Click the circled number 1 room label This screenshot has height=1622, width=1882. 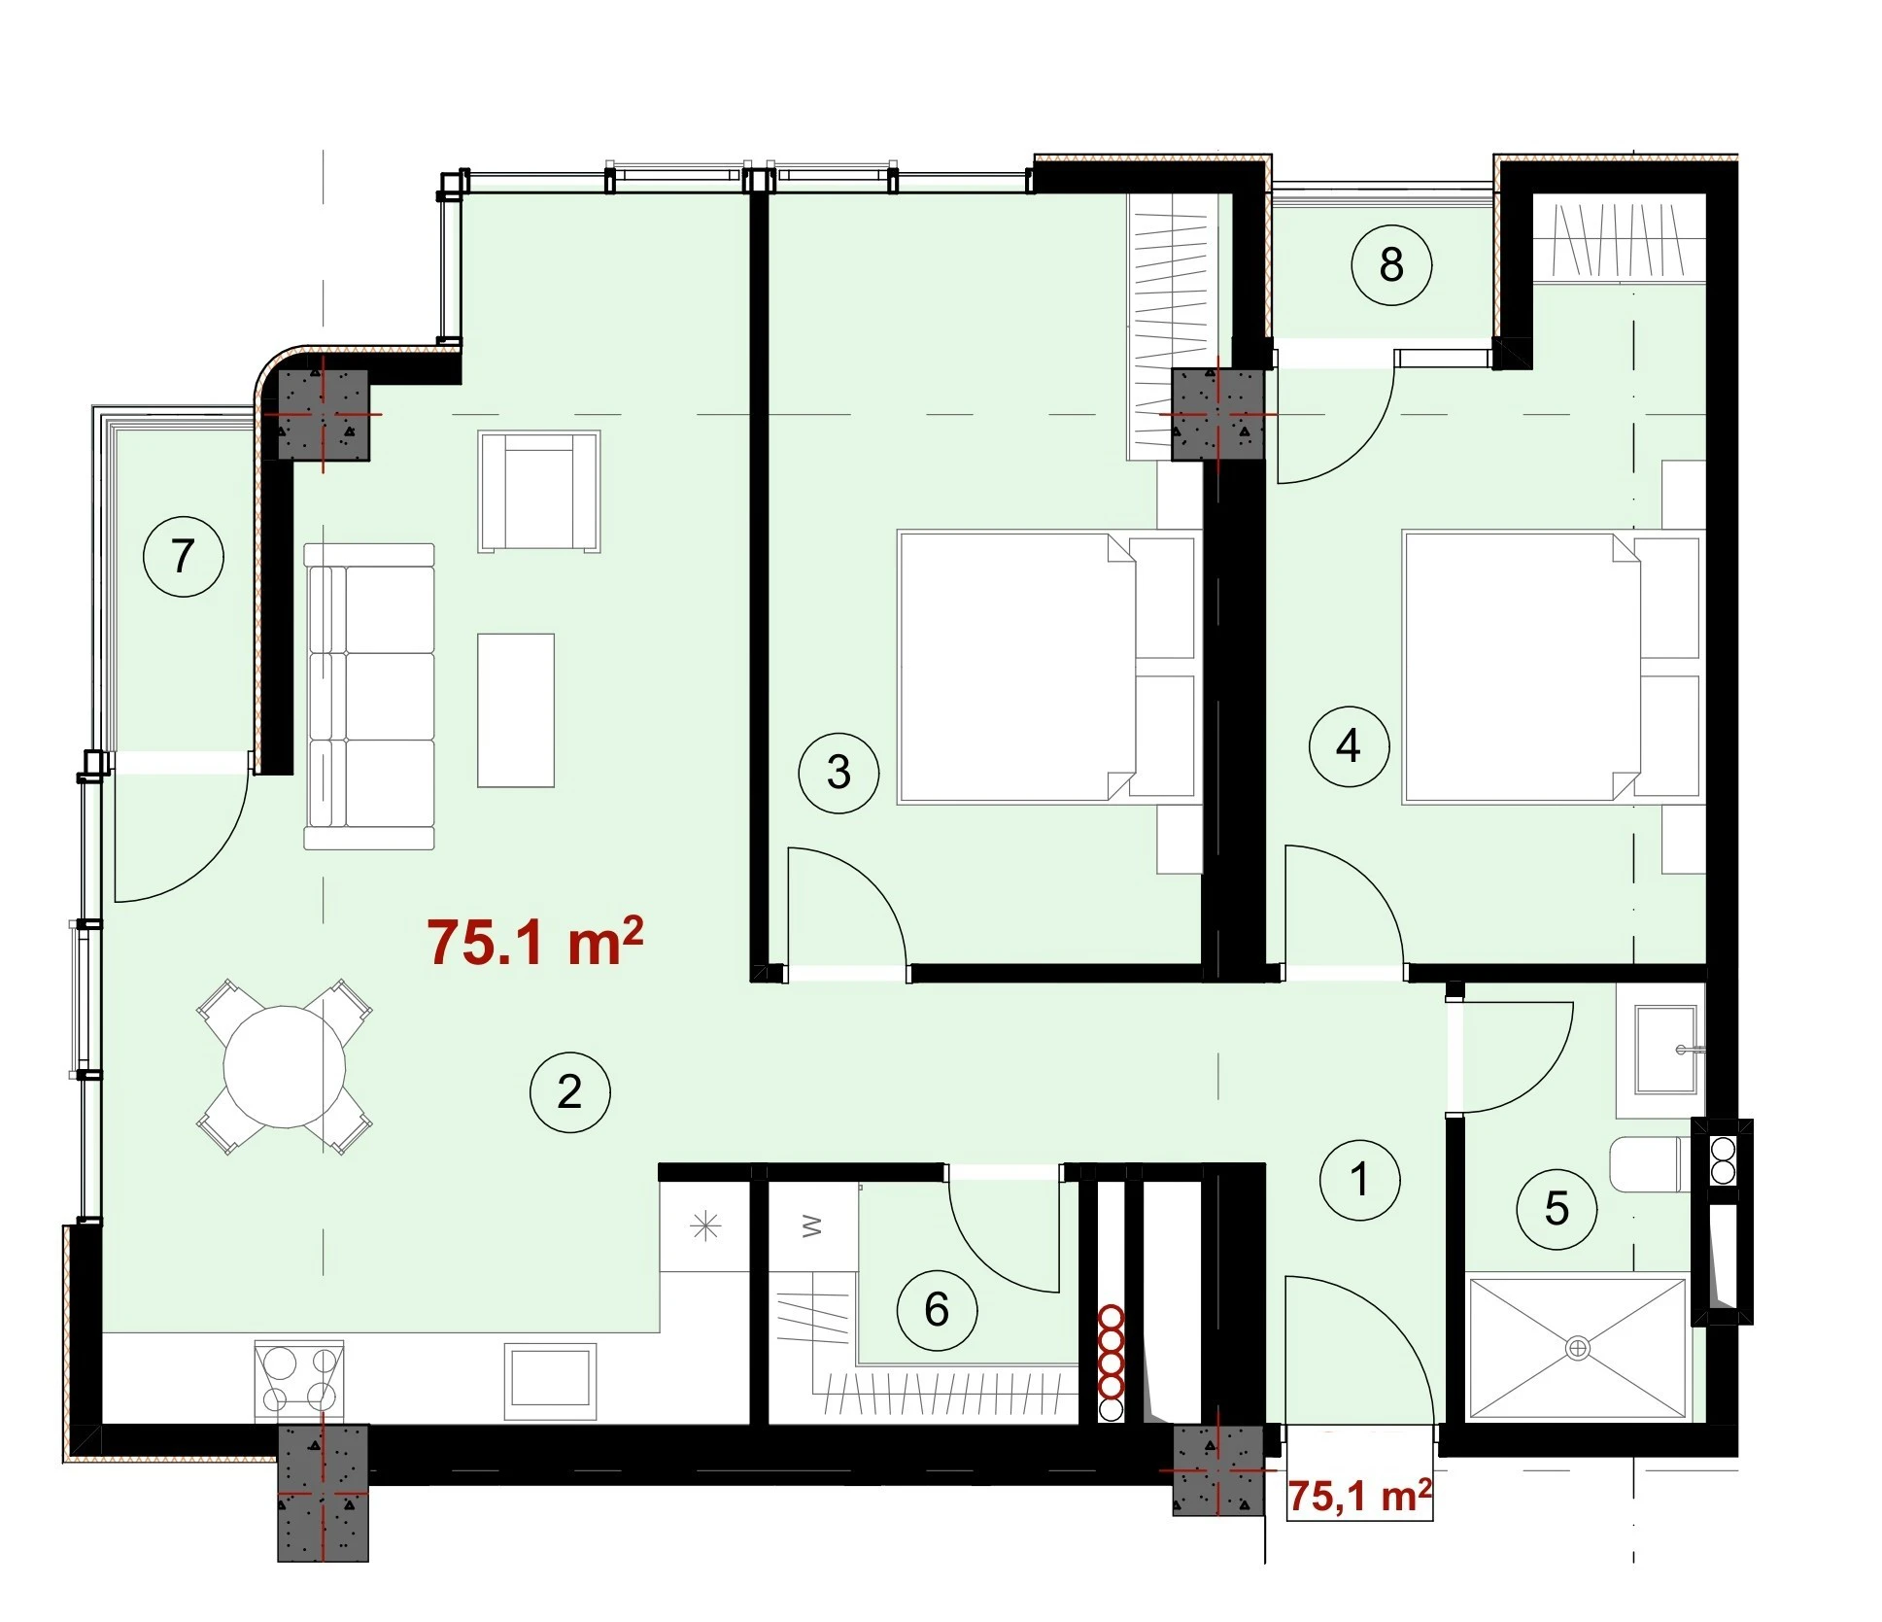1359,1180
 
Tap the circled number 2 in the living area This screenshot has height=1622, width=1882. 569,1092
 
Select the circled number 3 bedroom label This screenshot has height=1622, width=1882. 838,774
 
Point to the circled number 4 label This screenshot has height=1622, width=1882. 1349,746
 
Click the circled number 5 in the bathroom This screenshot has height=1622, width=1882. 1557,1209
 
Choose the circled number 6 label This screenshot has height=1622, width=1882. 937,1310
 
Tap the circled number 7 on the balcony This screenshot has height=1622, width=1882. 183,557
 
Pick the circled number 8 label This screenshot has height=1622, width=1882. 1391,264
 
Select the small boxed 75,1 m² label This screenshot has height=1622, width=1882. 1359,1497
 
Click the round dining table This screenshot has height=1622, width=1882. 285,1066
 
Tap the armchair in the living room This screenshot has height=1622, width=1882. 539,492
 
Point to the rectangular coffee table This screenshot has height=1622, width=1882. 516,710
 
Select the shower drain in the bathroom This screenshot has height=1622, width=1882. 1578,1348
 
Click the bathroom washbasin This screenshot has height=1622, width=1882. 1666,1050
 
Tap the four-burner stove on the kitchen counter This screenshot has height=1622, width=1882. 299,1381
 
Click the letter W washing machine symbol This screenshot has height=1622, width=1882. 813,1226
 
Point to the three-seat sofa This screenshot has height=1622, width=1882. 369,696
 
